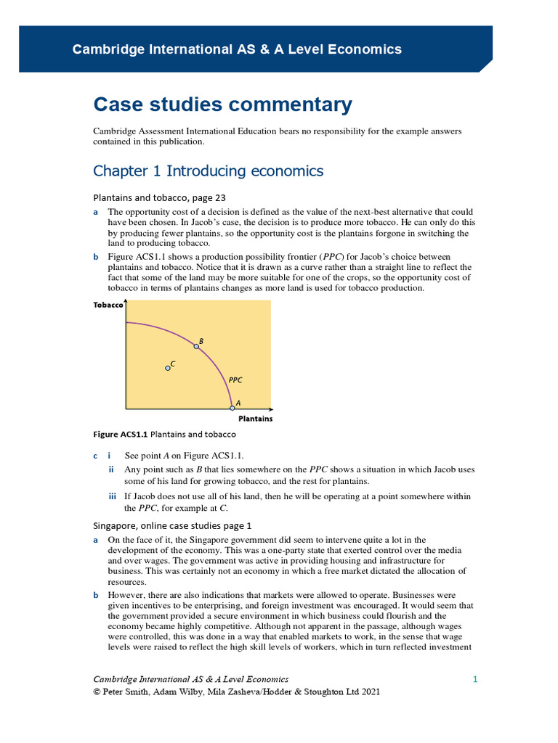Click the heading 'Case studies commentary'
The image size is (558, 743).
222,104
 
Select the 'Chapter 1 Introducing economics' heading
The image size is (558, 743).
209,171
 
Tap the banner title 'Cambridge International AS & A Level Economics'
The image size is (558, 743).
237,49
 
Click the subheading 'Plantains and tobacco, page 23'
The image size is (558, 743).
164,197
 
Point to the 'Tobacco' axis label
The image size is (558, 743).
108,305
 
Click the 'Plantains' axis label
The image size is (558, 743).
256,419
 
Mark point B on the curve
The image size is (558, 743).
196,347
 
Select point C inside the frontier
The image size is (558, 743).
168,368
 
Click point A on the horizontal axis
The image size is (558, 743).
232,408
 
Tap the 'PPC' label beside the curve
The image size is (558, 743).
235,379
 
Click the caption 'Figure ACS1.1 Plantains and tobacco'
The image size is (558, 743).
164,434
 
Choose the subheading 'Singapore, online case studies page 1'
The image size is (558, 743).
172,525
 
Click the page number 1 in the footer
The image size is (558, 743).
474,679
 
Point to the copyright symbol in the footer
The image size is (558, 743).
97,692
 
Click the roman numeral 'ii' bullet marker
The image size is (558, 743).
112,469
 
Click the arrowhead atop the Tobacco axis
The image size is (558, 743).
126,302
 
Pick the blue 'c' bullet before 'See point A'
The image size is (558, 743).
95,455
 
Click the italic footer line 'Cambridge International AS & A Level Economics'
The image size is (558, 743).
191,679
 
